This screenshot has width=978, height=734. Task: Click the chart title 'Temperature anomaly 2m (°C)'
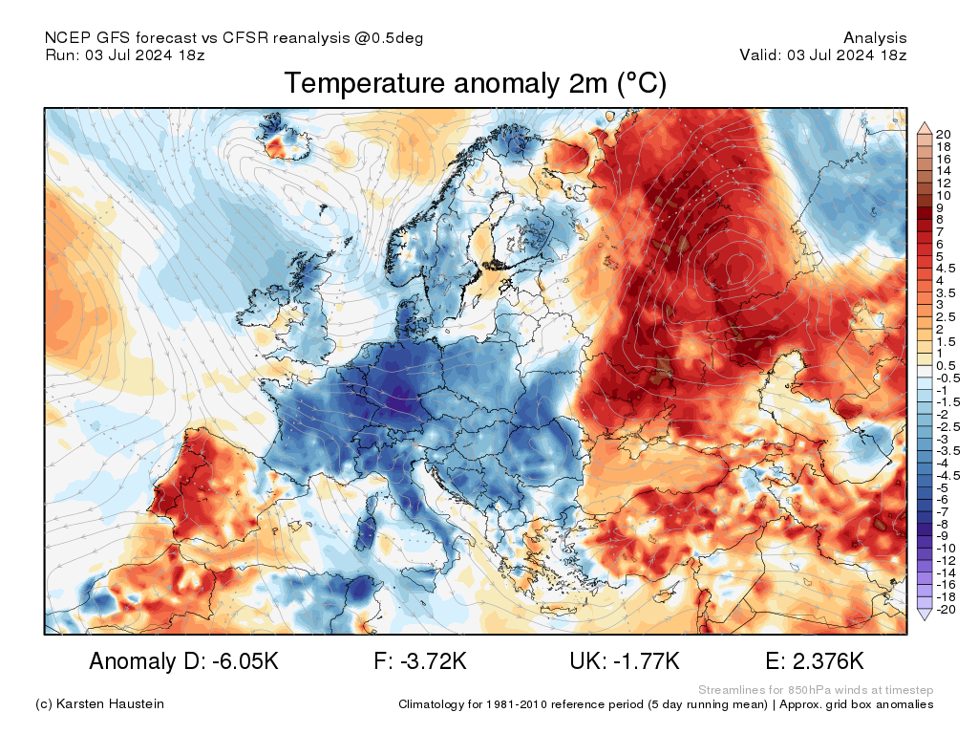point(475,84)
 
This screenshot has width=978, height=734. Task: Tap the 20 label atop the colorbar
point(944,134)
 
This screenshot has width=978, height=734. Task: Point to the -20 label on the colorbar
point(946,609)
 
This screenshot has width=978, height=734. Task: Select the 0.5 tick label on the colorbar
point(946,365)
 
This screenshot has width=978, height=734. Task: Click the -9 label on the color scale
point(944,536)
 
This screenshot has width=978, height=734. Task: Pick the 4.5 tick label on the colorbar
point(946,269)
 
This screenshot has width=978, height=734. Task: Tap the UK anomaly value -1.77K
point(647,661)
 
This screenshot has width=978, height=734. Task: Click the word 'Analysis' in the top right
point(875,38)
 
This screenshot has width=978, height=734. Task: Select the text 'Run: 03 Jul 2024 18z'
point(125,54)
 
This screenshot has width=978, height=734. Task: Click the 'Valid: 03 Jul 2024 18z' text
point(823,54)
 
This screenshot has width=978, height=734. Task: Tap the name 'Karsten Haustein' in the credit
point(112,704)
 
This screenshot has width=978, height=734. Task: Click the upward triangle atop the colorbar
point(925,127)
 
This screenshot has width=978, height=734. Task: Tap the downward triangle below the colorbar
point(925,615)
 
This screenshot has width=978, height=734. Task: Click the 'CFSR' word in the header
point(245,38)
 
